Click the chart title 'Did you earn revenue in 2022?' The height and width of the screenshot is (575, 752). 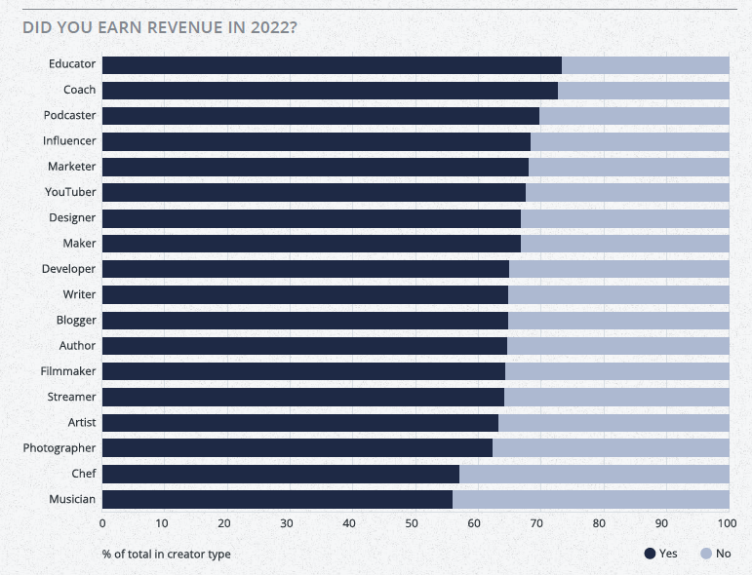[160, 26]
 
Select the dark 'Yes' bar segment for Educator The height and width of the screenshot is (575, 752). [332, 65]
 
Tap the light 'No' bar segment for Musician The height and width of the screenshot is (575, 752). [590, 499]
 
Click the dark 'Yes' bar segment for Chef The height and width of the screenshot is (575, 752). [281, 474]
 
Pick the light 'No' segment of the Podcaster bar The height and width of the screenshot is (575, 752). [634, 116]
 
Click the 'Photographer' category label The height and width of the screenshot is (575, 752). [59, 448]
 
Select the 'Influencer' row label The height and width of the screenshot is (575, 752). [69, 141]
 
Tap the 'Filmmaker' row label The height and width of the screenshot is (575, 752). [68, 371]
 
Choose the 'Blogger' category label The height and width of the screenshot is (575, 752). [75, 320]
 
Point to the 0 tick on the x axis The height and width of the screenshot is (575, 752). [102, 523]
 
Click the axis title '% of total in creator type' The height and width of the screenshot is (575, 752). [166, 554]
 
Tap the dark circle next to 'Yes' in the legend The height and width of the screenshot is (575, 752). [650, 554]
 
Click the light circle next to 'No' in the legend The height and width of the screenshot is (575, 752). [705, 554]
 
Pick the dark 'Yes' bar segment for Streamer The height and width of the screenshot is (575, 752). [303, 397]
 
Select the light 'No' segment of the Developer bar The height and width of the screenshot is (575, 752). [619, 269]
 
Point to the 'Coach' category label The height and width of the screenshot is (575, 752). [79, 90]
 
